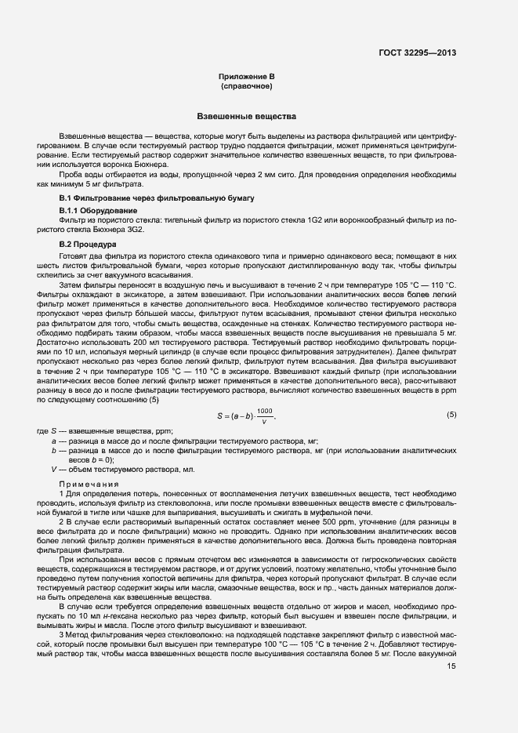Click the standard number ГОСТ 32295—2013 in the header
tap(418, 53)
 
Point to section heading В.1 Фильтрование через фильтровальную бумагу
tap(156, 199)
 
